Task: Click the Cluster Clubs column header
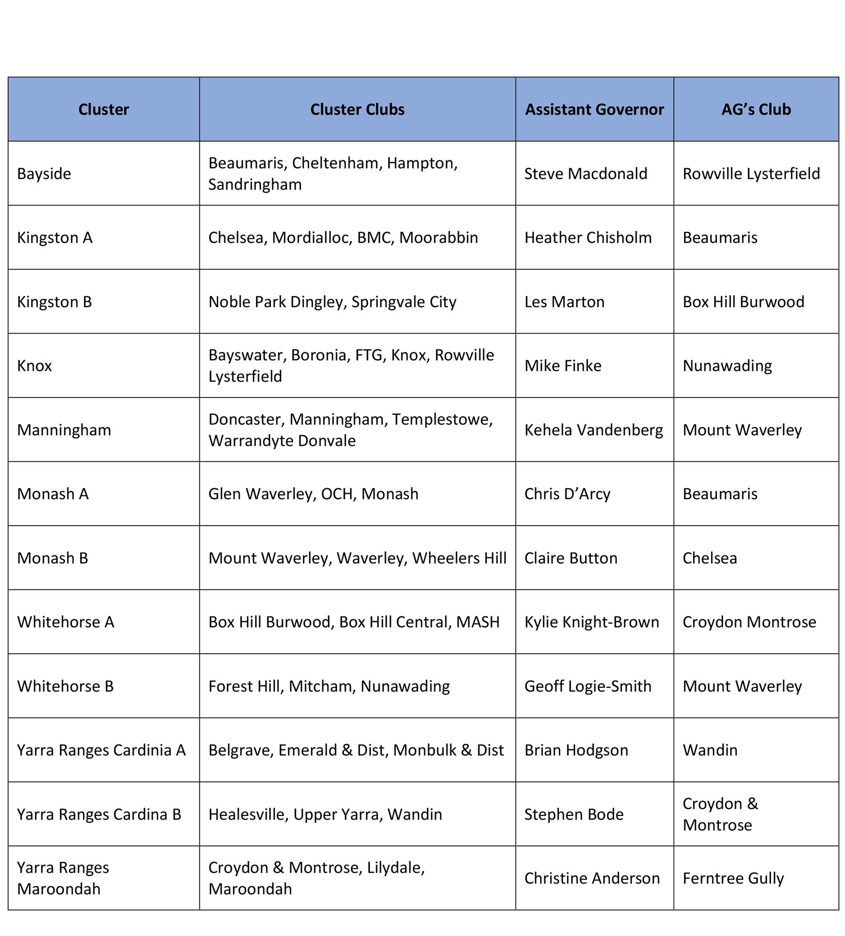coord(357,109)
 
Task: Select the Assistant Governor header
coord(594,109)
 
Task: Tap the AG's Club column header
coord(756,109)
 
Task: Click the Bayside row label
coord(44,173)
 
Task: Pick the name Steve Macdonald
coord(585,173)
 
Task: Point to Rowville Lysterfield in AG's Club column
coord(751,173)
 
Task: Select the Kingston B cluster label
coord(54,302)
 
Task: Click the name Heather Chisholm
coord(588,237)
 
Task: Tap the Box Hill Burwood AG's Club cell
coord(743,302)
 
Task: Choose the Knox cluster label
coord(34,365)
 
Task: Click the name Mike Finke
coord(563,365)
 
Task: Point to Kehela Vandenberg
coord(593,430)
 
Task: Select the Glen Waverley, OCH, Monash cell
coord(313,494)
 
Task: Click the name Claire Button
coord(571,558)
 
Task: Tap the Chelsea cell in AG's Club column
coord(709,558)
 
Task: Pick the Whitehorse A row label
coord(66,622)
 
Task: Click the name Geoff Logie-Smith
coord(588,686)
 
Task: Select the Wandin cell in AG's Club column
coord(709,750)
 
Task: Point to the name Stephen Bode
coord(573,814)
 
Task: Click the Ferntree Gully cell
coord(733,878)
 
